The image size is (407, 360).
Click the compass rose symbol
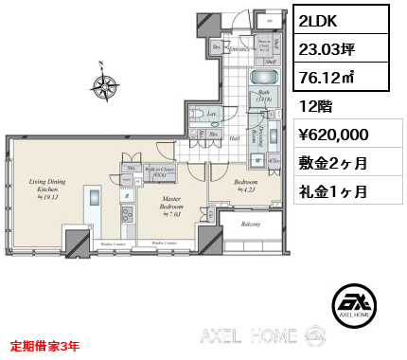pyautogui.click(x=107, y=85)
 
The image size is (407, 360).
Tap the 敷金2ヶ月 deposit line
pyautogui.click(x=334, y=162)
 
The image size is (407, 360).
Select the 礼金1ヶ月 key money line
pyautogui.click(x=334, y=190)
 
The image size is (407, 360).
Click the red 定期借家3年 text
pyautogui.click(x=45, y=346)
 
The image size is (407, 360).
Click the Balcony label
pyautogui.click(x=250, y=225)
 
